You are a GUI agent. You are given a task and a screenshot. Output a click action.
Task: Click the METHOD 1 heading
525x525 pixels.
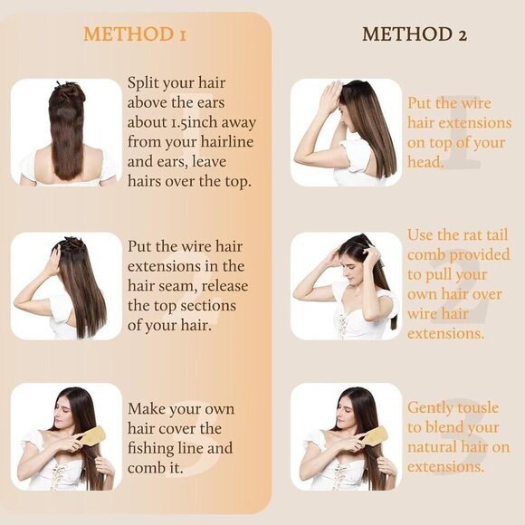[x=135, y=35]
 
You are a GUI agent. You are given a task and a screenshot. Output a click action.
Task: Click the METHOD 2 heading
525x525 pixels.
[x=414, y=35]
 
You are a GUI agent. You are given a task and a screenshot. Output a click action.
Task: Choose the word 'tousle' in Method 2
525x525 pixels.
[x=478, y=408]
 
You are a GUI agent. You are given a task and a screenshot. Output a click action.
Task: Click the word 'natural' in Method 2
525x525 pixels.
[x=436, y=448]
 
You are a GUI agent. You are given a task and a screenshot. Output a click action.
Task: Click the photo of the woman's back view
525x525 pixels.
[x=67, y=133]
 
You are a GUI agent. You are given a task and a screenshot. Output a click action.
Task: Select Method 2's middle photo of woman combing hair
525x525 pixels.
[x=345, y=286]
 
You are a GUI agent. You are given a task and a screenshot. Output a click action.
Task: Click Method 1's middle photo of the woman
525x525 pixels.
[x=67, y=286]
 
